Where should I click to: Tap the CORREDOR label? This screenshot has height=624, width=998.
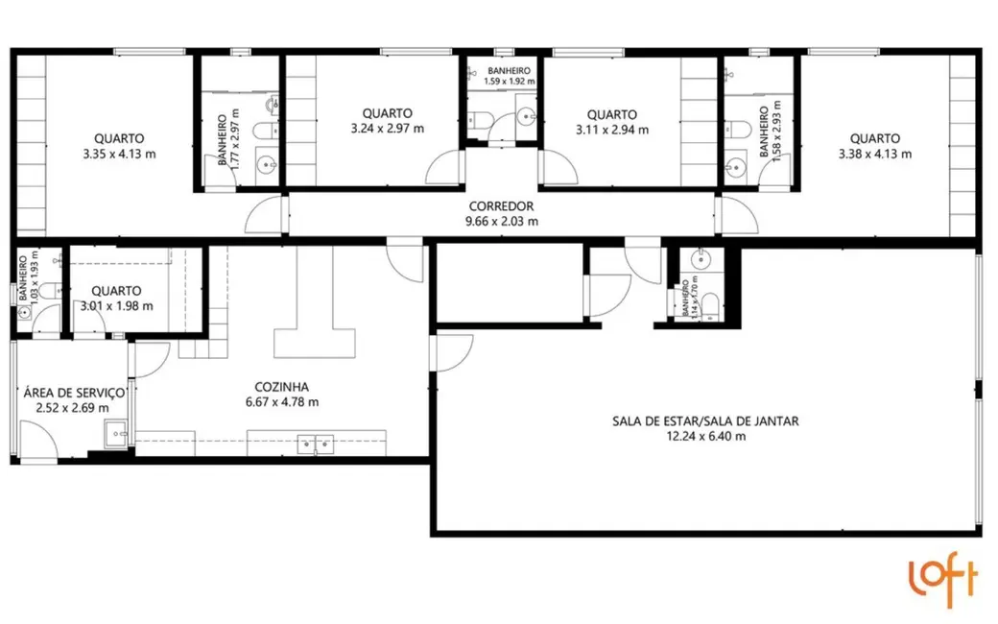point(502,206)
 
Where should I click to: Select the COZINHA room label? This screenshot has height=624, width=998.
point(282,387)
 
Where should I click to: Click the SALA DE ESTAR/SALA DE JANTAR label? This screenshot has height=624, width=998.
point(705,420)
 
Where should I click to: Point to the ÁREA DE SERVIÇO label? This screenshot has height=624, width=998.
point(74,393)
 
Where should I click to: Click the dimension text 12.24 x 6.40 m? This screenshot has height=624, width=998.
point(705,436)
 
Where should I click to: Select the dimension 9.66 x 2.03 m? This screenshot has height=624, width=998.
point(502,221)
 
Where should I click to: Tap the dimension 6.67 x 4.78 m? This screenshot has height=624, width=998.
point(282,401)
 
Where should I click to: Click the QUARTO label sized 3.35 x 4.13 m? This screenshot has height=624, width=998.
point(119,138)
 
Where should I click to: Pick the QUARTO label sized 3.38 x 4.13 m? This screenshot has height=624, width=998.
point(874,138)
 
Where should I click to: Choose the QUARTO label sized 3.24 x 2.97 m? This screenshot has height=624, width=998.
point(388,113)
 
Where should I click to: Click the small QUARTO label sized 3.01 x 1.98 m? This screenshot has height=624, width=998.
point(116,291)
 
